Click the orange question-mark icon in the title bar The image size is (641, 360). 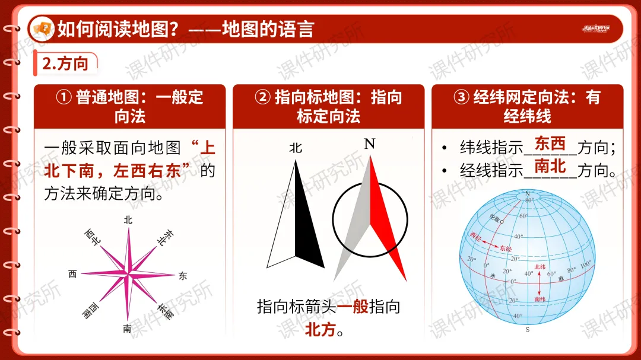(x=43, y=28)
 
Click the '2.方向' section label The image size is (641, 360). (x=65, y=63)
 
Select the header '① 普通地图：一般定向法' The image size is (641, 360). (x=129, y=106)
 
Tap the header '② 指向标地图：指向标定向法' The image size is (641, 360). (x=328, y=106)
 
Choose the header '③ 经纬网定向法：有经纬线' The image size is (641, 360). (x=527, y=106)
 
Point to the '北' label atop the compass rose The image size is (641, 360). (x=128, y=219)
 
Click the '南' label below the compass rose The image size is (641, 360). (x=127, y=329)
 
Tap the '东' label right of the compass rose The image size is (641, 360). (x=182, y=276)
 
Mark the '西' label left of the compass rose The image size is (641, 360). (x=72, y=274)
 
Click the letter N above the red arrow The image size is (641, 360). (x=370, y=144)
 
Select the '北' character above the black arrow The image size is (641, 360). (x=296, y=148)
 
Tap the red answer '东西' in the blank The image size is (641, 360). (x=550, y=144)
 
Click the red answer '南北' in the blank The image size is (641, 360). (x=550, y=166)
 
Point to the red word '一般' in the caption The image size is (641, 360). (x=353, y=307)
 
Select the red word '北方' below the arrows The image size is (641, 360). (x=320, y=330)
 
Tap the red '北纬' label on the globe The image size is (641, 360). (x=540, y=267)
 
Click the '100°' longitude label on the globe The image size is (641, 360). (x=586, y=264)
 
